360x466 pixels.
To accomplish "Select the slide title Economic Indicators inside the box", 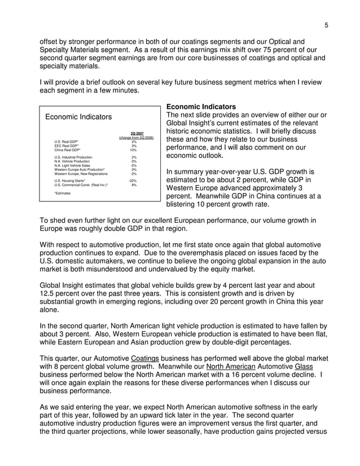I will point(78,117).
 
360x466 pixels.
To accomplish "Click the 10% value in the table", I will point(133,150).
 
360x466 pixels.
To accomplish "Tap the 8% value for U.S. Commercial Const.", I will point(134,184).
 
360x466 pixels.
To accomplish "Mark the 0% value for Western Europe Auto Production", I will point(134,169).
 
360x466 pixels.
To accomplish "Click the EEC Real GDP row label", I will point(67,146).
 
